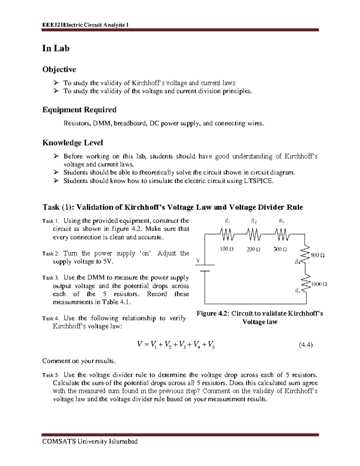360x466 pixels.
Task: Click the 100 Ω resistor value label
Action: [x=227, y=249]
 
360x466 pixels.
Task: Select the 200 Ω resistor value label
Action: [x=253, y=249]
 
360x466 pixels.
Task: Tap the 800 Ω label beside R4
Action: [x=318, y=255]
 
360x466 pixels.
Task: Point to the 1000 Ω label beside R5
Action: [x=319, y=284]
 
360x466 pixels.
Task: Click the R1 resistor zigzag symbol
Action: [x=227, y=234]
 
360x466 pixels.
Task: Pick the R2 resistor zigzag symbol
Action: [x=254, y=234]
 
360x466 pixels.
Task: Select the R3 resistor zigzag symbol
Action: [x=281, y=234]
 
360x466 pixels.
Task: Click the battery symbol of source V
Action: [x=205, y=268]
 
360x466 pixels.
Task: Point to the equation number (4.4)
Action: [x=305, y=345]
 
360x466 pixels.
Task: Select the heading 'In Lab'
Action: [x=56, y=48]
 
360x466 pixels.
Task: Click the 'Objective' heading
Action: [x=59, y=70]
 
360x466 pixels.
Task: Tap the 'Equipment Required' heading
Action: [x=79, y=110]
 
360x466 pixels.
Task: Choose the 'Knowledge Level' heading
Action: [x=73, y=143]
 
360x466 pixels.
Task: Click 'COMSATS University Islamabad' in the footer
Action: [x=90, y=441]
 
